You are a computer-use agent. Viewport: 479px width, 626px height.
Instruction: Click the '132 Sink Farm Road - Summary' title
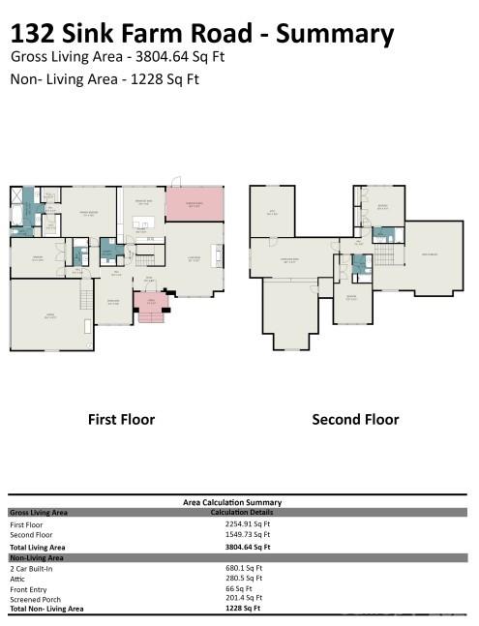point(202,34)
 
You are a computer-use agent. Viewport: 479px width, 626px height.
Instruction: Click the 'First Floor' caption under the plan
point(121,419)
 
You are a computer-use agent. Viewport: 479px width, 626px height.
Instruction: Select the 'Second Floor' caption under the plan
point(355,419)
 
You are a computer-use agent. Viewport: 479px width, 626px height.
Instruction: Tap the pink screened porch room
point(195,205)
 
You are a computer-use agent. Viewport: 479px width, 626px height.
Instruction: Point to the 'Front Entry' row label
point(29,588)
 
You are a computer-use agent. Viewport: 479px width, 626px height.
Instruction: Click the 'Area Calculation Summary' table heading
point(232,502)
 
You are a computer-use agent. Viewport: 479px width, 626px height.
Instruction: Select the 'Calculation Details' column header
point(238,512)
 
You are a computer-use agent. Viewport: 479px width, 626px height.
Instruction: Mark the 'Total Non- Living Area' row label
point(46,609)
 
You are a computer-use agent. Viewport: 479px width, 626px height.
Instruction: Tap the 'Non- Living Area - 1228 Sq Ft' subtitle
point(105,79)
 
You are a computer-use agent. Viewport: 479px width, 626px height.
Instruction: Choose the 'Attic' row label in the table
point(19,578)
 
